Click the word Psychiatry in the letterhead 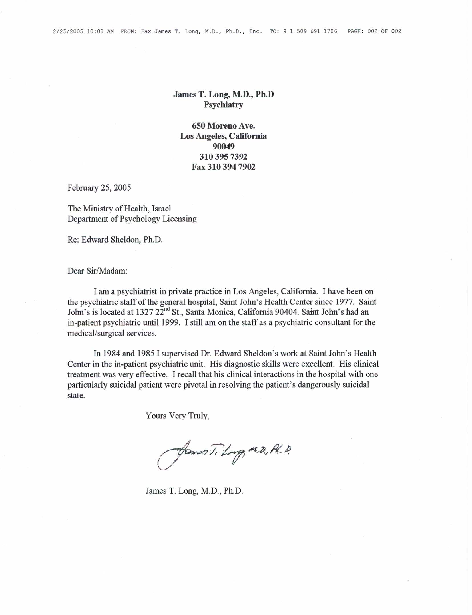coord(223,105)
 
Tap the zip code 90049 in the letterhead coord(223,146)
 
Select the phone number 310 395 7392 coord(223,157)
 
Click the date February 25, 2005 coord(99,188)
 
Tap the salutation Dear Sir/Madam coord(97,271)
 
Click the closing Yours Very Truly coord(177,416)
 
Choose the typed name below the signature coord(194,491)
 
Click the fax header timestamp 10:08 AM coord(100,31)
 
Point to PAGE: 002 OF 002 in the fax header coord(374,31)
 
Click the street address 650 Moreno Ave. coord(223,125)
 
